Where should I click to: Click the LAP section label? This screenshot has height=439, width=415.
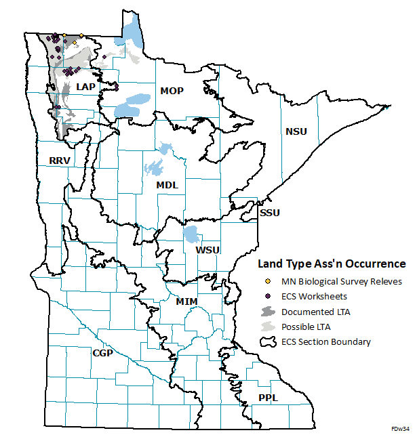86,87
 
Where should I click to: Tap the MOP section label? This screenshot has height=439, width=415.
172,91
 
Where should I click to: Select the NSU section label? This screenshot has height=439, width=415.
296,131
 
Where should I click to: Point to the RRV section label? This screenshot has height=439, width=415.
60,161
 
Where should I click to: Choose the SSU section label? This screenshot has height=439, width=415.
270,213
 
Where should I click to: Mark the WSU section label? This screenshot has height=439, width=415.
207,251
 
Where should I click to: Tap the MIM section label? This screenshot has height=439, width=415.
186,301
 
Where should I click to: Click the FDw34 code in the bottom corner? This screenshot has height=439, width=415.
401,430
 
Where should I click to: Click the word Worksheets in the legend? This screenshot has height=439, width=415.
325,296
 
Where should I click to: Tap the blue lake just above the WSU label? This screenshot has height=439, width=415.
191,236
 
